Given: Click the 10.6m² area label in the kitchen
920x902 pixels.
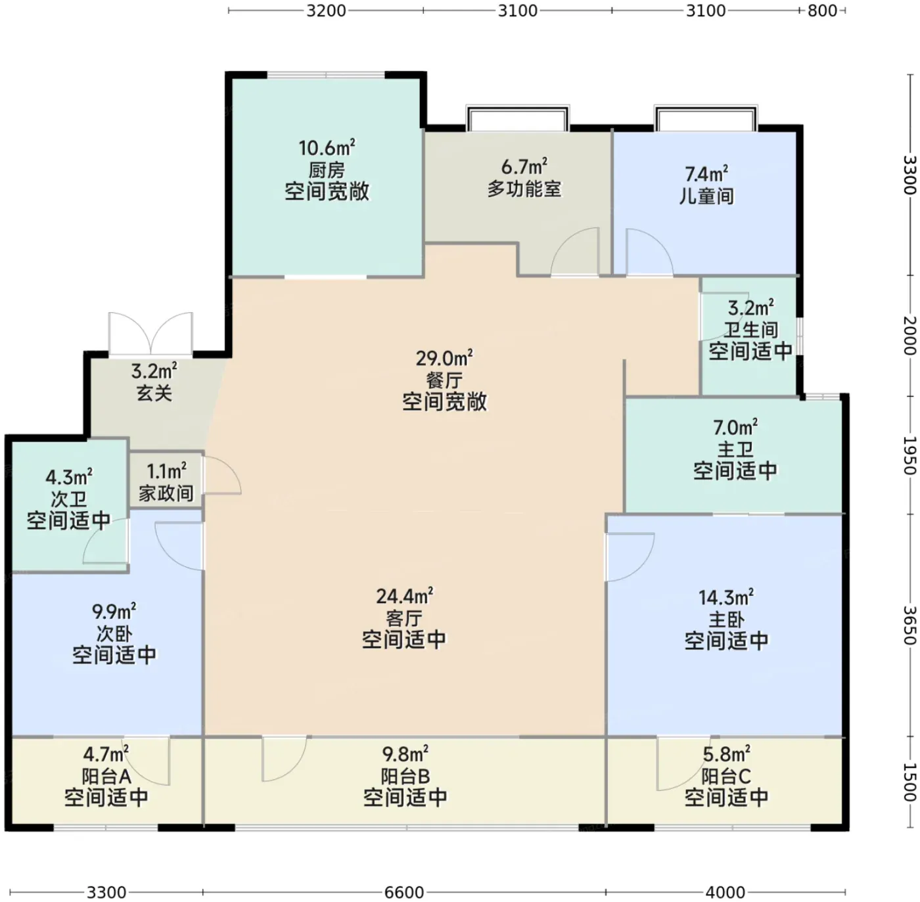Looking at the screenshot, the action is [x=327, y=148].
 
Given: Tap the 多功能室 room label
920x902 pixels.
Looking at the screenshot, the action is [x=524, y=189].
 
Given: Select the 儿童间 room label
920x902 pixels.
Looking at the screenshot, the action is [x=706, y=196].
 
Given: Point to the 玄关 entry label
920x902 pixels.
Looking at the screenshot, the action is [x=154, y=392].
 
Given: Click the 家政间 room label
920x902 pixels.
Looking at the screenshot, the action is [x=166, y=493].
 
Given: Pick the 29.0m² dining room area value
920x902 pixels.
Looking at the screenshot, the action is [x=444, y=357].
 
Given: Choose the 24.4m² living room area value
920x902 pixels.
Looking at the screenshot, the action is [x=404, y=596].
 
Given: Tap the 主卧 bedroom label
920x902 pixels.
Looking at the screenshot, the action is [x=726, y=620].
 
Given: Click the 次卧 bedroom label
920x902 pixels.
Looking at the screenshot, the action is [x=114, y=633].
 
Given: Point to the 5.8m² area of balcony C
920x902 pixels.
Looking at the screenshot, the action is [x=726, y=754].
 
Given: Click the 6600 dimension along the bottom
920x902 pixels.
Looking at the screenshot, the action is [x=404, y=892].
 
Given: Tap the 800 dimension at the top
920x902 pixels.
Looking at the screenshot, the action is [x=822, y=11].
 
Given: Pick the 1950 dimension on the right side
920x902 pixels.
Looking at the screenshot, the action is [x=910, y=455].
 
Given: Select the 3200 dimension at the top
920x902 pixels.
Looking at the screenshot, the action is [x=326, y=11].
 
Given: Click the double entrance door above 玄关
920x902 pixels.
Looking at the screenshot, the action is [x=151, y=334].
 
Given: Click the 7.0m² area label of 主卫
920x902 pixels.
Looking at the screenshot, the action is [x=735, y=428].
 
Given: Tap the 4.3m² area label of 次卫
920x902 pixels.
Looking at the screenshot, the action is [x=69, y=476].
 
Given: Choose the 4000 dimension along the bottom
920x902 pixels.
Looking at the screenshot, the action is [x=725, y=892].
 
